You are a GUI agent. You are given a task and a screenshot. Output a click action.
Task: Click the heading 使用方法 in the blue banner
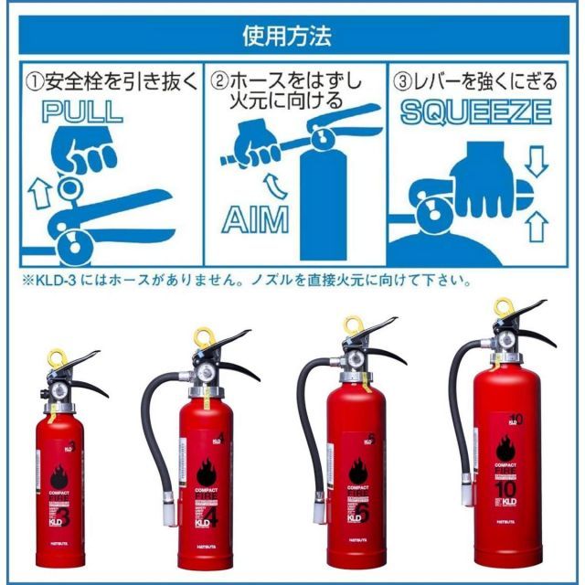[292, 37]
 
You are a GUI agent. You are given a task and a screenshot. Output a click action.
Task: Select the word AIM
[255, 220]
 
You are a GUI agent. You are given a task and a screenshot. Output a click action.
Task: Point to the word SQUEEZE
[475, 112]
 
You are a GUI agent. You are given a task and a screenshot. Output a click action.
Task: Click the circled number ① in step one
[33, 81]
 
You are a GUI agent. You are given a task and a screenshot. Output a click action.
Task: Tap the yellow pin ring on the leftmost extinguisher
[58, 355]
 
